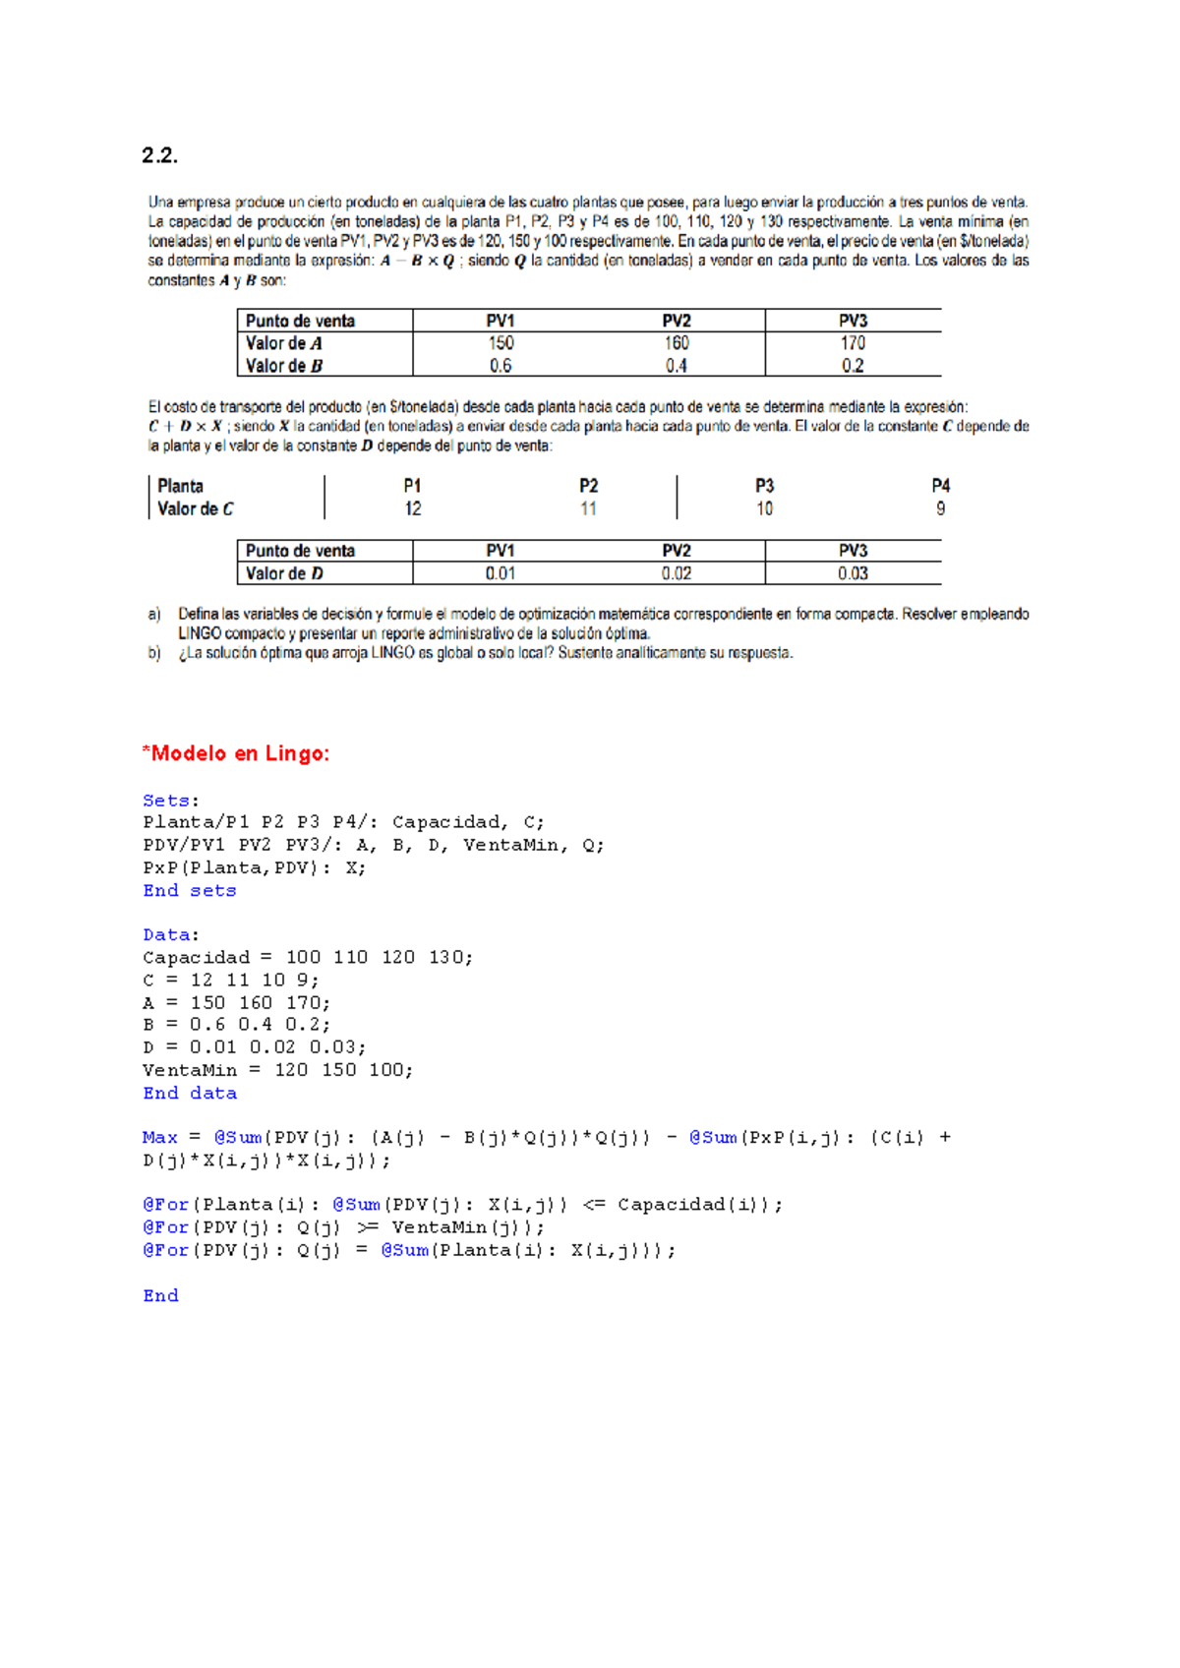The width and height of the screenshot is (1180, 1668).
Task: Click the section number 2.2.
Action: point(159,155)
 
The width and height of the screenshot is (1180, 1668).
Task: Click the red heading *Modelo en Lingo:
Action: point(236,753)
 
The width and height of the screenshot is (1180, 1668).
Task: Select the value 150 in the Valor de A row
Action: point(501,343)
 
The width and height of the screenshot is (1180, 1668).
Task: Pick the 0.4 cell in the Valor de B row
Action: point(676,366)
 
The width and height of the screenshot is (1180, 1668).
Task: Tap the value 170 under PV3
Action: point(853,343)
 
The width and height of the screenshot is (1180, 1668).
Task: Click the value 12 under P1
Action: point(413,508)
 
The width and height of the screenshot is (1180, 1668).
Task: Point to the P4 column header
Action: point(940,486)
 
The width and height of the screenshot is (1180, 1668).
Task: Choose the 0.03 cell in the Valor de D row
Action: point(853,573)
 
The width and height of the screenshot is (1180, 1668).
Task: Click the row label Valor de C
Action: point(196,508)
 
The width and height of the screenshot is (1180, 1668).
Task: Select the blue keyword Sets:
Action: point(170,801)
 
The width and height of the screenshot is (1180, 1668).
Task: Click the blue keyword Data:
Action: point(170,934)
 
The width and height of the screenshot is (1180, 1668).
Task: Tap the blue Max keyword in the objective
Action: point(159,1137)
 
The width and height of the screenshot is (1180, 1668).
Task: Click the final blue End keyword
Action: point(160,1295)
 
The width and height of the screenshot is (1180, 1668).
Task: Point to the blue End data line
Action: point(190,1093)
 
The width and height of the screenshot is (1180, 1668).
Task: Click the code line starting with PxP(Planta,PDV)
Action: point(254,867)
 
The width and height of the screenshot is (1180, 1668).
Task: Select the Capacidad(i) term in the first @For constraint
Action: point(697,1205)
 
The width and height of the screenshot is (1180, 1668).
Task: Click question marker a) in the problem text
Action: point(154,614)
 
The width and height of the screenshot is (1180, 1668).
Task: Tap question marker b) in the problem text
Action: point(154,653)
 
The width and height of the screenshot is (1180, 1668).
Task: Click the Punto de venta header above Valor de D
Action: point(300,551)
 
